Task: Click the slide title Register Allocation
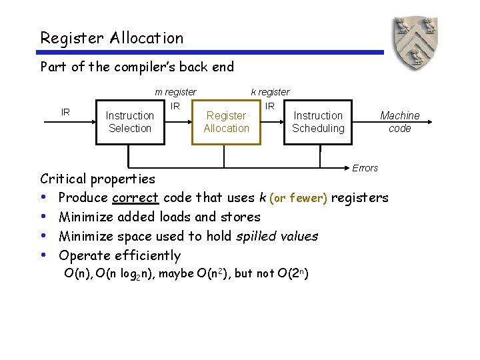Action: point(111,38)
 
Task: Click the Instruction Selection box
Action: point(130,122)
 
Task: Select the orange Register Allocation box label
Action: point(226,122)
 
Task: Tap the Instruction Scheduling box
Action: point(318,122)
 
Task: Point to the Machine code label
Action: point(399,122)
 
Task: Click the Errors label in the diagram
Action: point(365,168)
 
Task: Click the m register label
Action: point(175,92)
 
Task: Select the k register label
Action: point(270,92)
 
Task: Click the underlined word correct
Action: point(135,198)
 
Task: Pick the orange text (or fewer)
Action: point(298,198)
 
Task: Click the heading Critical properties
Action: point(97,179)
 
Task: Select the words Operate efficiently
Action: point(119,255)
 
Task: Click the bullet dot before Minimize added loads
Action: point(43,217)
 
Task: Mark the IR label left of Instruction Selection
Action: point(65,112)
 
